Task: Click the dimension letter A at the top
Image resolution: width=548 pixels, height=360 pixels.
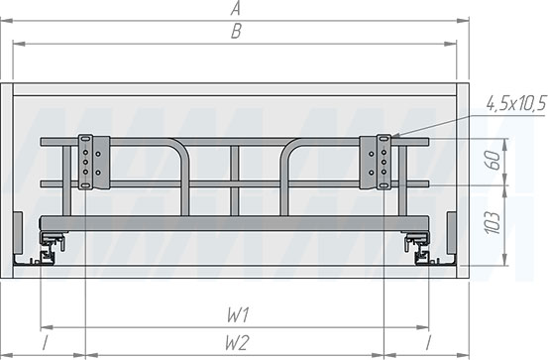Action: click(x=236, y=8)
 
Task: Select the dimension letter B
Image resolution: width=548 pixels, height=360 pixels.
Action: click(x=236, y=32)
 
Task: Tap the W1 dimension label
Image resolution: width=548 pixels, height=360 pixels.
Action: click(x=238, y=315)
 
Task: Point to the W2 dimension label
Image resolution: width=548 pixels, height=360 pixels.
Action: click(x=237, y=342)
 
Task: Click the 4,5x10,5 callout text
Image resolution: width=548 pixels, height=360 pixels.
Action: click(x=516, y=104)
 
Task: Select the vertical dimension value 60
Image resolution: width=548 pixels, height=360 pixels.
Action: click(x=493, y=161)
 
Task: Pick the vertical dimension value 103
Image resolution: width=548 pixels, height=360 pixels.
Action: click(x=493, y=222)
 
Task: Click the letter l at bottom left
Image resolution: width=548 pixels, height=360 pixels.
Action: click(x=45, y=343)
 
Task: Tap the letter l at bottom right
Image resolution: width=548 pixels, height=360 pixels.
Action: click(x=428, y=343)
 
